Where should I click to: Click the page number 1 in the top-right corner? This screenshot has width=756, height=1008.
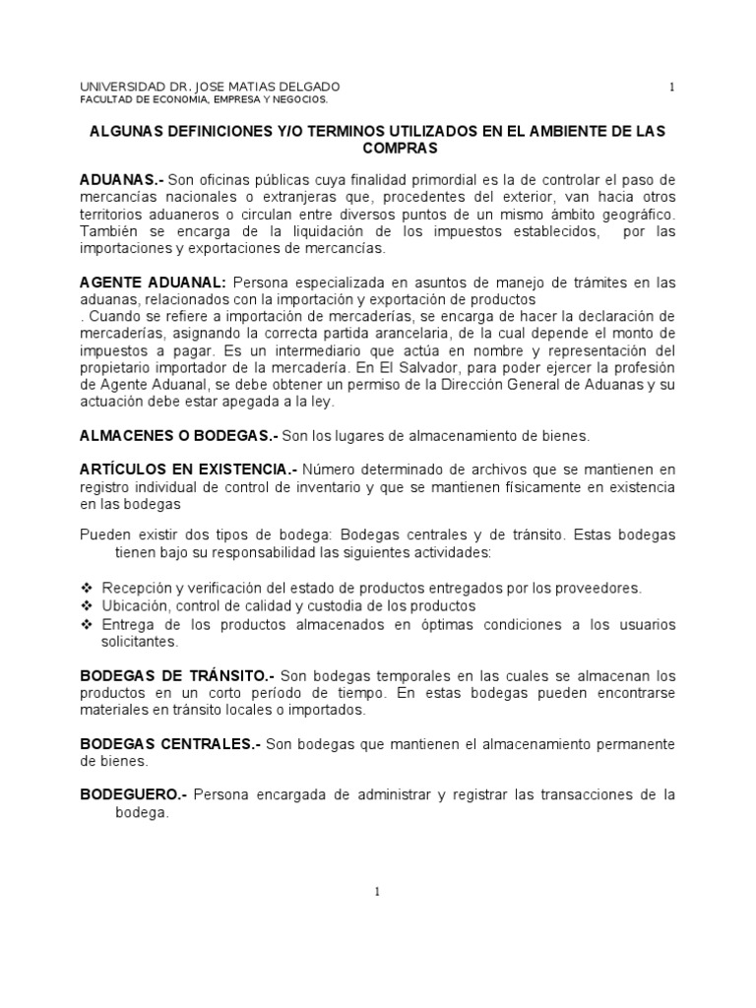point(672,87)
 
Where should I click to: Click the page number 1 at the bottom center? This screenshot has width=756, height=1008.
point(377,892)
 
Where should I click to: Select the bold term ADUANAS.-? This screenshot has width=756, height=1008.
point(121,179)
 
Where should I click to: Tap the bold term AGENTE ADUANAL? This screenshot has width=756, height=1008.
point(153,283)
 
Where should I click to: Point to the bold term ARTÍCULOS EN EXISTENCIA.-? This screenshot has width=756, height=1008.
point(188,470)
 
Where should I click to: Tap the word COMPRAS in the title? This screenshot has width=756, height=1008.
point(377,148)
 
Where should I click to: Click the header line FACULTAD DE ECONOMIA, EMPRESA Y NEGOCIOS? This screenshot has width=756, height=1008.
point(203,100)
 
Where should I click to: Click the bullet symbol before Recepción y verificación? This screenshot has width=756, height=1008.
point(86,588)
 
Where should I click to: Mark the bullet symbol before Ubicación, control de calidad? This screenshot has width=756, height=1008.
point(86,605)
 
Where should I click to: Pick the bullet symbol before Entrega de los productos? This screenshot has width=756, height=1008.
point(86,624)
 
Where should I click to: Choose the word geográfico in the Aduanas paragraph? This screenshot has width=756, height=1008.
point(632,214)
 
